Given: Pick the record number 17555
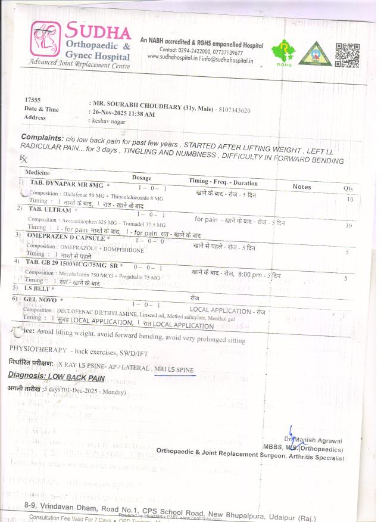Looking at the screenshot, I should [x=32, y=100].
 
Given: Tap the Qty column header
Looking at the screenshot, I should [x=348, y=189].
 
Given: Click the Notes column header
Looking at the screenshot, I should [x=302, y=187].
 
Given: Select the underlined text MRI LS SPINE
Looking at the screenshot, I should [x=174, y=370].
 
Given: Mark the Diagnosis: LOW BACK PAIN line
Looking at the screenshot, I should [x=57, y=377].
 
